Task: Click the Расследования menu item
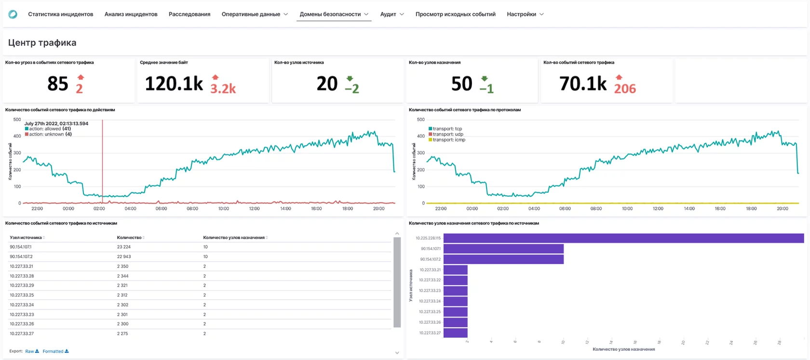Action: (x=189, y=14)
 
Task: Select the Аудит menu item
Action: (x=391, y=14)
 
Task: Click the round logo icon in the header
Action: (x=13, y=14)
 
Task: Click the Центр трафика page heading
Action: (x=42, y=43)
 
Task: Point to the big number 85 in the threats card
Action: (x=58, y=84)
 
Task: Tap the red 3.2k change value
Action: (x=223, y=89)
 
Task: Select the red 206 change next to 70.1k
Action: (x=625, y=89)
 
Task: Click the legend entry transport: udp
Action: (x=447, y=134)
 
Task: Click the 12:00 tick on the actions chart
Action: (x=254, y=209)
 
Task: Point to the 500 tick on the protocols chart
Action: (x=420, y=120)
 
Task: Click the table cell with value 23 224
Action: (x=124, y=247)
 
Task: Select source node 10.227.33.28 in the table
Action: (x=22, y=276)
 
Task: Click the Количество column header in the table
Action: (x=129, y=238)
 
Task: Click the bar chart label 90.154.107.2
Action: (x=430, y=259)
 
